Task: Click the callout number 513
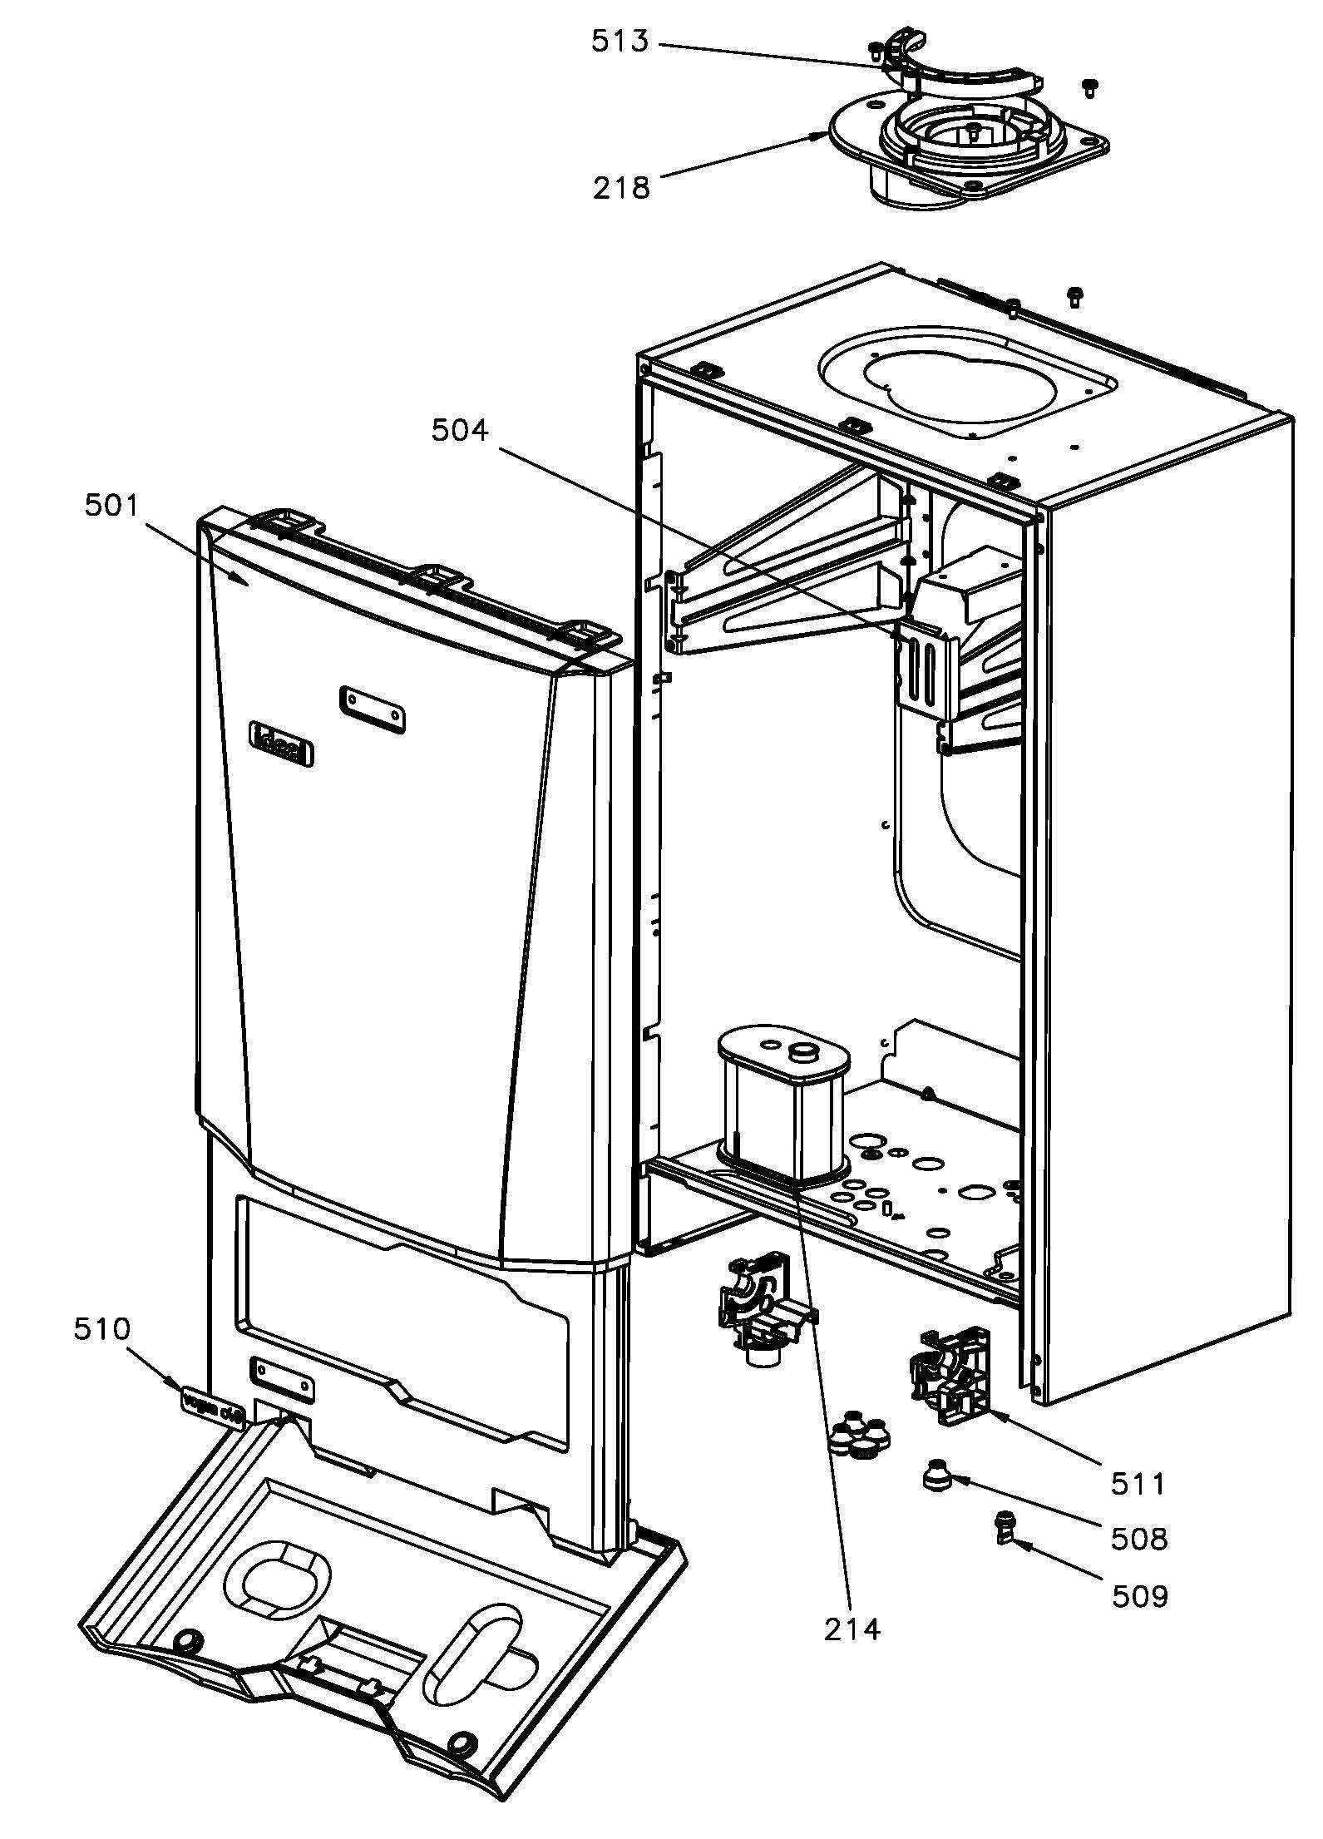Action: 620,41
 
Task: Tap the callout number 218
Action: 621,189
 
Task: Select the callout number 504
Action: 460,430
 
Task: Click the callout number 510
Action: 102,1328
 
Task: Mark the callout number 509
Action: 1140,1595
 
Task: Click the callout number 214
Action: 852,1652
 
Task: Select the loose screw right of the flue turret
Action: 1090,87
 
